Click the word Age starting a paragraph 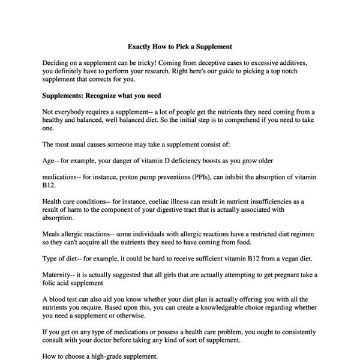(x=49, y=161)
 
